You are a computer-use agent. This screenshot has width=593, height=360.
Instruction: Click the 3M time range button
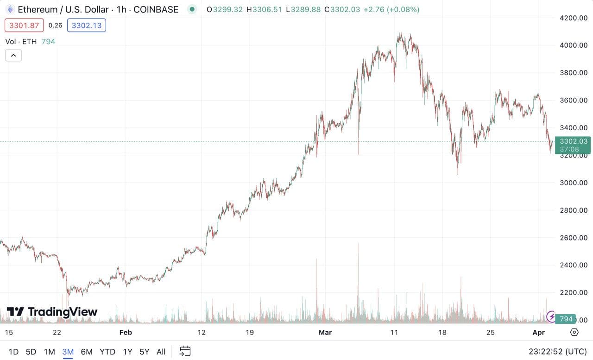click(x=68, y=352)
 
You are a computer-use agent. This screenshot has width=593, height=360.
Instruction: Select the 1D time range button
click(x=13, y=352)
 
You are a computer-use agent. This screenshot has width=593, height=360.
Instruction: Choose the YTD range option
click(x=107, y=352)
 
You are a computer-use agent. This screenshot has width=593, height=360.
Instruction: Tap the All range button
click(x=161, y=352)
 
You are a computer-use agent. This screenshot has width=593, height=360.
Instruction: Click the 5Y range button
click(x=144, y=352)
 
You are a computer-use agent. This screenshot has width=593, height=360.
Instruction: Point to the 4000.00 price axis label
click(x=574, y=45)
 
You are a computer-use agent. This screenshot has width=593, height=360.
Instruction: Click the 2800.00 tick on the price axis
click(x=574, y=210)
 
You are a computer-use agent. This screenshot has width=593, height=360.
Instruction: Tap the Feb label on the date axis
click(x=126, y=332)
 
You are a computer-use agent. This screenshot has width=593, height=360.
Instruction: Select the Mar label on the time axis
click(x=326, y=332)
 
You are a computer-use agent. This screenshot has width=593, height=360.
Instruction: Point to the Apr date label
click(x=539, y=332)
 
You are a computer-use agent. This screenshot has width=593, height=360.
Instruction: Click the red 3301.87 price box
click(x=24, y=25)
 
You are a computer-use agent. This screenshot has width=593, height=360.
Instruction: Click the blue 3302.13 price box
click(x=87, y=25)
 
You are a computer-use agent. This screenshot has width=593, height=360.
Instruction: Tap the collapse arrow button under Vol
click(x=13, y=56)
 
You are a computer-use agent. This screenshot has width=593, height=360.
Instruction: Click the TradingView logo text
click(x=52, y=312)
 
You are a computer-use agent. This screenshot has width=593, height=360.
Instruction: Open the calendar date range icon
click(x=185, y=351)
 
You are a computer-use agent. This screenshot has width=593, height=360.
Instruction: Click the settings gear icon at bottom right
click(x=574, y=332)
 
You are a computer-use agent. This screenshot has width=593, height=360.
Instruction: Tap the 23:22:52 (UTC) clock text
click(x=558, y=352)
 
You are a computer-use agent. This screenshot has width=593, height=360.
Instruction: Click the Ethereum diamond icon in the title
click(x=10, y=9)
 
